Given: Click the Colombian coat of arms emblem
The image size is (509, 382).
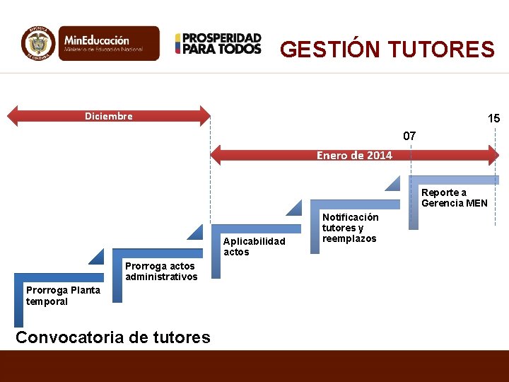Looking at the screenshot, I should tap(38, 44).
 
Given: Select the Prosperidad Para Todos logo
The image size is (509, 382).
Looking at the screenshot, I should tap(218, 44).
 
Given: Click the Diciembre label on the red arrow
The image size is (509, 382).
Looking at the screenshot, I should tap(109, 116).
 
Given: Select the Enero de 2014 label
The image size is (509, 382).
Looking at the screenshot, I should tap(354, 155).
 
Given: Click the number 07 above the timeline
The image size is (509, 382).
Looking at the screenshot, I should tap(409, 134).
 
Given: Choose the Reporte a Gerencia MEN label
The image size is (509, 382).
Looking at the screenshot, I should tap(454, 197).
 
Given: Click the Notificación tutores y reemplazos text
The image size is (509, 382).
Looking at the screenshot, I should tap(350, 228).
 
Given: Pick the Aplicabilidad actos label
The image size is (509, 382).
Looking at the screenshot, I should tap(255, 246).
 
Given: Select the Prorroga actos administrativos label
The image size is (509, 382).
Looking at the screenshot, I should tap(161, 271).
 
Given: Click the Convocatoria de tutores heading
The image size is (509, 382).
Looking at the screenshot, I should tap(112, 337).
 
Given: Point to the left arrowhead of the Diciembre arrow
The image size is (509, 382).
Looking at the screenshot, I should tap(14, 116).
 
